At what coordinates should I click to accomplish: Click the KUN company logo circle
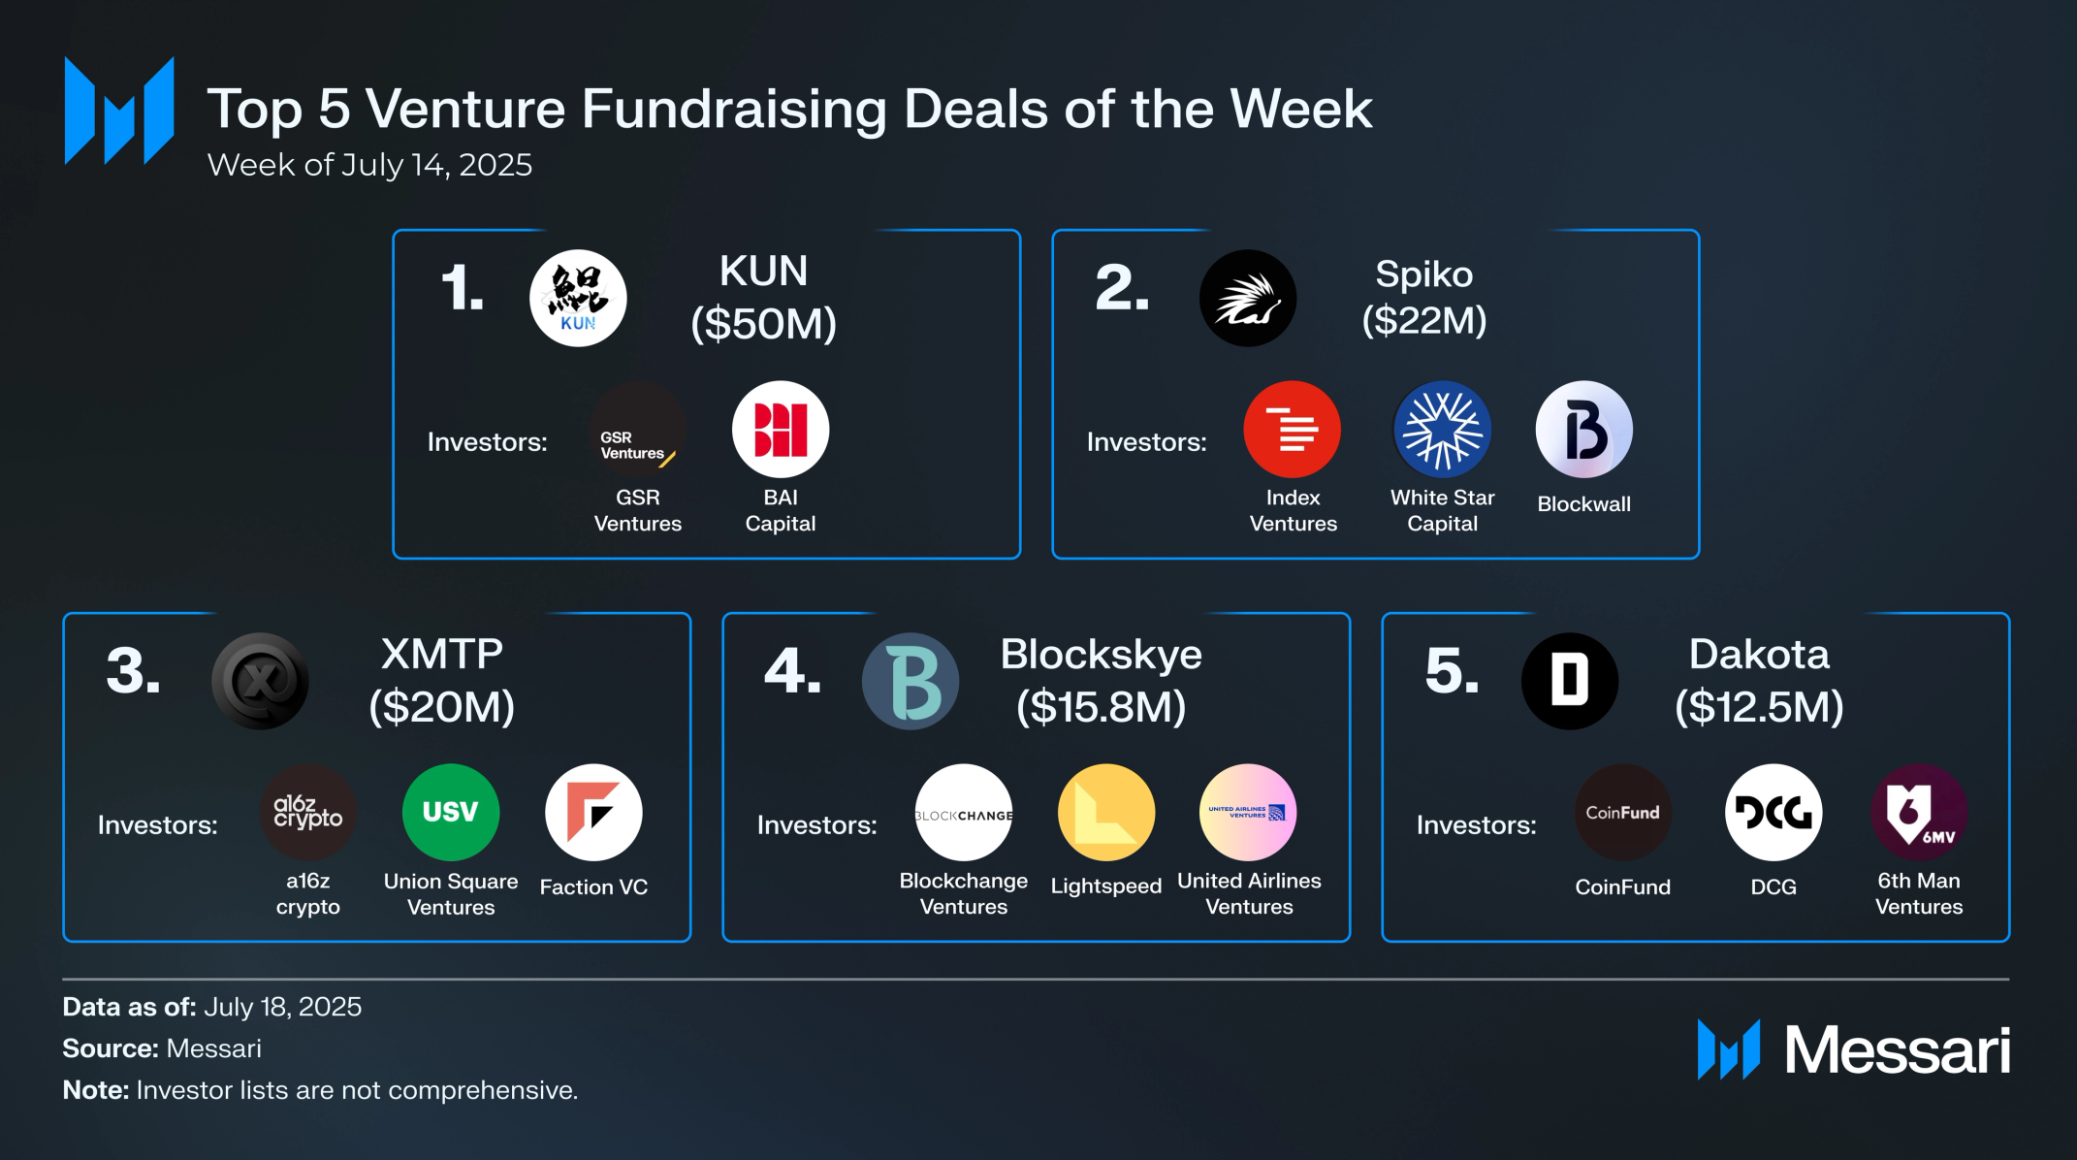click(578, 299)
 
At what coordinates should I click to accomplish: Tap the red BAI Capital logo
click(781, 430)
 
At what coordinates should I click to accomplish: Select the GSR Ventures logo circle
click(637, 430)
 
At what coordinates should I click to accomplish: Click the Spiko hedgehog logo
click(1248, 299)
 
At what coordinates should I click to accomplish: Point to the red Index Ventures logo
click(1293, 430)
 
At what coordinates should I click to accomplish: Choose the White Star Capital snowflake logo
click(1442, 430)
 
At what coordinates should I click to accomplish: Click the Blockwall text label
click(1583, 504)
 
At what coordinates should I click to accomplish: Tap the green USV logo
click(451, 813)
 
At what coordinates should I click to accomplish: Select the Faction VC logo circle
click(593, 813)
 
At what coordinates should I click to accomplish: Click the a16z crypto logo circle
click(308, 813)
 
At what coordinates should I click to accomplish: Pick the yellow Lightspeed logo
click(1106, 813)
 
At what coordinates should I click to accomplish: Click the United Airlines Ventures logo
click(1248, 813)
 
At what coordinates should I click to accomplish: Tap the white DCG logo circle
click(1773, 813)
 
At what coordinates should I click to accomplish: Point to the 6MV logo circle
click(1919, 813)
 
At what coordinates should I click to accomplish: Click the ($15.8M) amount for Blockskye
click(1102, 707)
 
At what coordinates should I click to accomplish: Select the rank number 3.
click(133, 671)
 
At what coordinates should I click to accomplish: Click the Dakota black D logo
click(1570, 681)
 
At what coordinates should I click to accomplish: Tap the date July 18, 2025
click(282, 1007)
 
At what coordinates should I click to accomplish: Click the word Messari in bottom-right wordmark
click(1898, 1050)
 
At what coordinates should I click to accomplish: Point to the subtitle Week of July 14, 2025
click(369, 165)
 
